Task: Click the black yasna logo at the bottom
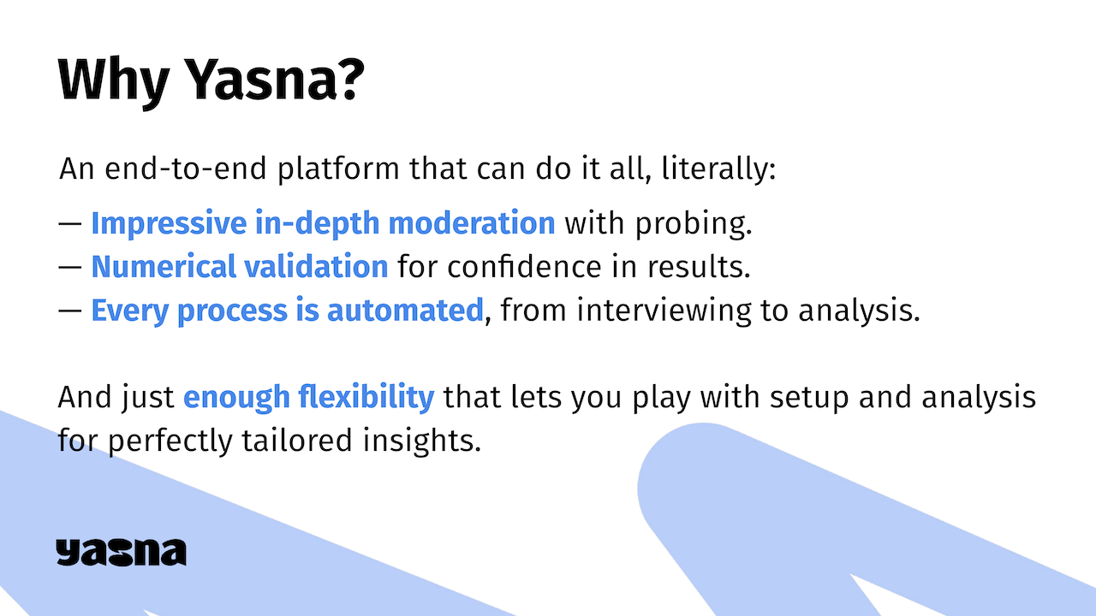tap(121, 552)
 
